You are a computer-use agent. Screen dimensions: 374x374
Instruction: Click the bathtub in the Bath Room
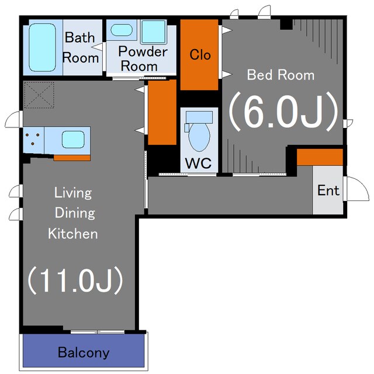(x=43, y=47)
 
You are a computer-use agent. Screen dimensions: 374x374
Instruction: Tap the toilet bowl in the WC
(x=199, y=137)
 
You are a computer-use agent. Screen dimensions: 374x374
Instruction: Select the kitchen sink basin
(x=73, y=140)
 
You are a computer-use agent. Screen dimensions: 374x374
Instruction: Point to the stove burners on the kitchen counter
(x=33, y=139)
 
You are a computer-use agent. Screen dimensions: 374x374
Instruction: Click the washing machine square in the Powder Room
(x=154, y=32)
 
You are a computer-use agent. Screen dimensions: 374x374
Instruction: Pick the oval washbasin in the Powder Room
(x=122, y=30)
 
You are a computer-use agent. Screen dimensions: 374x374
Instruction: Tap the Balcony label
(x=84, y=352)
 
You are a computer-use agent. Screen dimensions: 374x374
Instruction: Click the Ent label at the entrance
(x=328, y=191)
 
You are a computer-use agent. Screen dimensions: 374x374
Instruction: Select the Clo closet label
(x=200, y=54)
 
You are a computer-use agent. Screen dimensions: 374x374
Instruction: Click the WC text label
(x=198, y=164)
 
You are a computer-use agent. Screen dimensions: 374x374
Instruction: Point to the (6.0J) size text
(x=283, y=112)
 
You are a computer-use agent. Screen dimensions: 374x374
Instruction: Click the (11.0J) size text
(x=75, y=280)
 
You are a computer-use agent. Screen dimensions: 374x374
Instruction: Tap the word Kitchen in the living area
(x=72, y=234)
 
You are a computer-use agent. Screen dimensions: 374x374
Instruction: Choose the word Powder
(x=143, y=51)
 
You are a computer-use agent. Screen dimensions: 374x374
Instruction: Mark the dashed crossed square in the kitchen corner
(x=39, y=95)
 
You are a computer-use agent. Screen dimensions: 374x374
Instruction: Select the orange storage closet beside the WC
(x=162, y=112)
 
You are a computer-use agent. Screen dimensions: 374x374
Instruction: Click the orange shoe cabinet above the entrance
(x=320, y=157)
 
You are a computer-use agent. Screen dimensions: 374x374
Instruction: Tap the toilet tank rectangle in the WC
(x=199, y=117)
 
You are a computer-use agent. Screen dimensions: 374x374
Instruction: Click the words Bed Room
(x=280, y=75)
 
